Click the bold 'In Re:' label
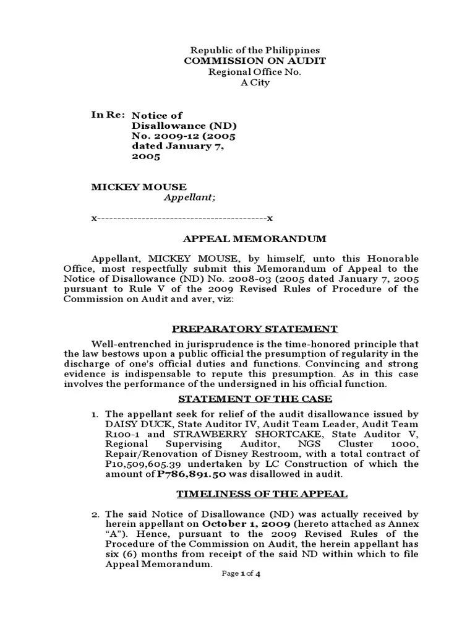108,115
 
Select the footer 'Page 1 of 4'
241,574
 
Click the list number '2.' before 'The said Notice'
95,514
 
